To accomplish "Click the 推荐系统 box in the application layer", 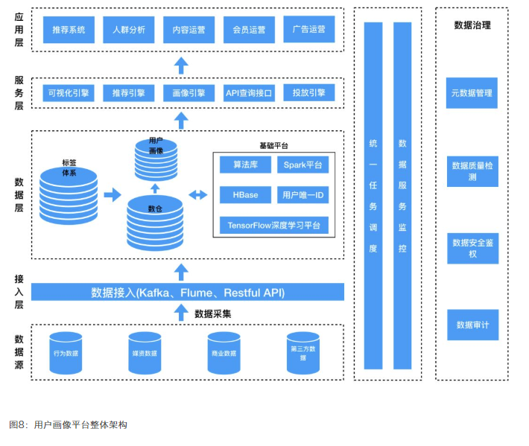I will click(69, 31).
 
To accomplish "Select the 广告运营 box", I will click(309, 31).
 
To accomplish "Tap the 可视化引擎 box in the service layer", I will click(68, 93).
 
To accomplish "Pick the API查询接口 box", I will click(250, 93).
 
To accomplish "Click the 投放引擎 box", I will click(309, 93).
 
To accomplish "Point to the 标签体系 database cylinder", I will click(69, 196).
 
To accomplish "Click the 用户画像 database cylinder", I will click(156, 158).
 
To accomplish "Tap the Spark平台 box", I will click(302, 164).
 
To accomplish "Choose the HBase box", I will click(245, 194).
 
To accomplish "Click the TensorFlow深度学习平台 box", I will click(273, 224).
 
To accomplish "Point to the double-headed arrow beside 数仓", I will click(197, 195).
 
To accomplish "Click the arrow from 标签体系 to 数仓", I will click(112, 195).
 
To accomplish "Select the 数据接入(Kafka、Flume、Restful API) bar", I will click(188, 292).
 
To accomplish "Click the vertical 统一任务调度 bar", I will click(373, 195).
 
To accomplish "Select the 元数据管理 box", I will click(472, 93).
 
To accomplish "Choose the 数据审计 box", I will click(472, 325).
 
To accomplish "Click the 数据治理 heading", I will click(472, 25).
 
